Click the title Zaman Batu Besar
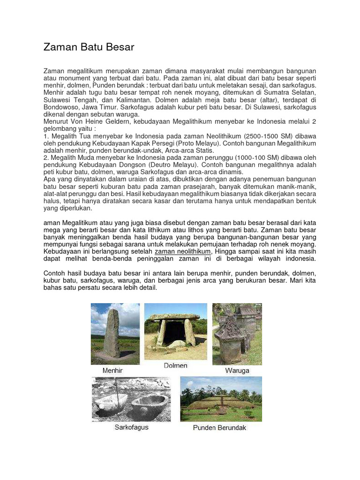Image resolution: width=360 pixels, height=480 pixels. pyautogui.click(x=89, y=47)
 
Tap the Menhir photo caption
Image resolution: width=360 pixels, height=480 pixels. pyautogui.click(x=112, y=370)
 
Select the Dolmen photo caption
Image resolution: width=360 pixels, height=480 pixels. pyautogui.click(x=176, y=366)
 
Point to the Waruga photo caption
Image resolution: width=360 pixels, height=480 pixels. pyautogui.click(x=237, y=370)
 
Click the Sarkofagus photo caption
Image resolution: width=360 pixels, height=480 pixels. pyautogui.click(x=131, y=427)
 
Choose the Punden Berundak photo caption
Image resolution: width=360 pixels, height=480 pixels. pyautogui.click(x=219, y=427)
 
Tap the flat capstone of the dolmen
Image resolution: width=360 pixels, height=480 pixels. pyautogui.click(x=174, y=317)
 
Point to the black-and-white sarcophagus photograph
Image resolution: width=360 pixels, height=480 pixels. pyautogui.click(x=131, y=399)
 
